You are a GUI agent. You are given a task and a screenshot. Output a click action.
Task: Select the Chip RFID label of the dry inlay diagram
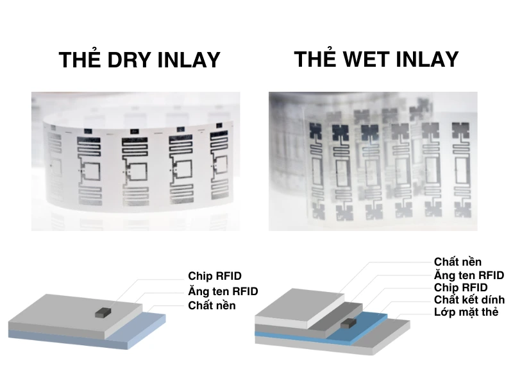click(215, 276)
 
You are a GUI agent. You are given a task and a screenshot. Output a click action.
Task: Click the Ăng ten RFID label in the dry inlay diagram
click(223, 291)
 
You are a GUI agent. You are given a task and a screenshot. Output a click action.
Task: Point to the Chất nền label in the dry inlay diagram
click(212, 305)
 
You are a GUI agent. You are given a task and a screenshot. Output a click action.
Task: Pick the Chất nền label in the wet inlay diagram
click(458, 262)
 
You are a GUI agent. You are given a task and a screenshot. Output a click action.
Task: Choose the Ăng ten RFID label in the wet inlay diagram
click(469, 275)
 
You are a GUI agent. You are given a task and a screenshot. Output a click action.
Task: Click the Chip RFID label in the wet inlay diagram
click(460, 287)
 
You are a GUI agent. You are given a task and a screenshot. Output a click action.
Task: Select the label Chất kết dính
click(469, 300)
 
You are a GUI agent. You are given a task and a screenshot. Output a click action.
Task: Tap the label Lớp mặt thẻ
click(466, 312)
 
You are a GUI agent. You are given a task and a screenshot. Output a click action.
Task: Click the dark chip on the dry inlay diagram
click(103, 312)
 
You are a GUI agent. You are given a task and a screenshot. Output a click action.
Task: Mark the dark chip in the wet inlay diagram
click(349, 322)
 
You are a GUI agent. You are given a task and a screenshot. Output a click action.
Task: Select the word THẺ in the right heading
click(315, 59)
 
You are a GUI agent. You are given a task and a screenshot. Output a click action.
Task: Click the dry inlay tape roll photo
click(135, 160)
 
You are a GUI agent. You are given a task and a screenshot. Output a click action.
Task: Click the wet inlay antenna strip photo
click(373, 160)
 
